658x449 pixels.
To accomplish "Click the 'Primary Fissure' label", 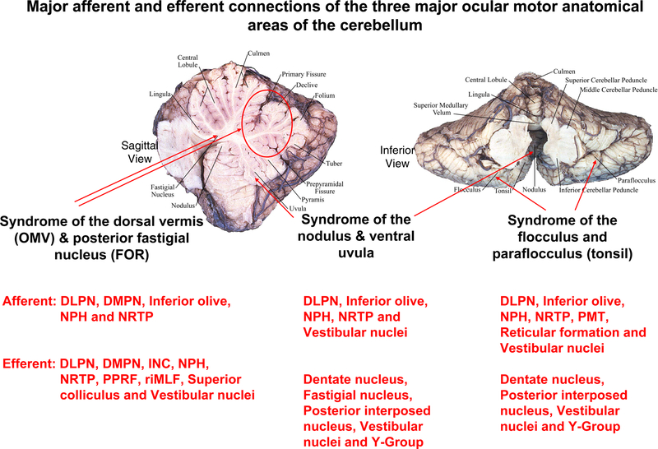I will click(x=301, y=73).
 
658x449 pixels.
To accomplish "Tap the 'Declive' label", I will click(x=307, y=85).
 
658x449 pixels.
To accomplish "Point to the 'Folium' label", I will click(x=325, y=96).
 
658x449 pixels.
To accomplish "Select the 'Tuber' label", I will click(x=335, y=163).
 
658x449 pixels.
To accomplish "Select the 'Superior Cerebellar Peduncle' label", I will click(x=608, y=80).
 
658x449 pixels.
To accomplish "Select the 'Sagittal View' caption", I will click(x=134, y=150).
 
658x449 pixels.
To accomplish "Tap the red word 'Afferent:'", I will click(x=30, y=301).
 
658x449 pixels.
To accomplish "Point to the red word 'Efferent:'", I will click(x=30, y=363).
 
